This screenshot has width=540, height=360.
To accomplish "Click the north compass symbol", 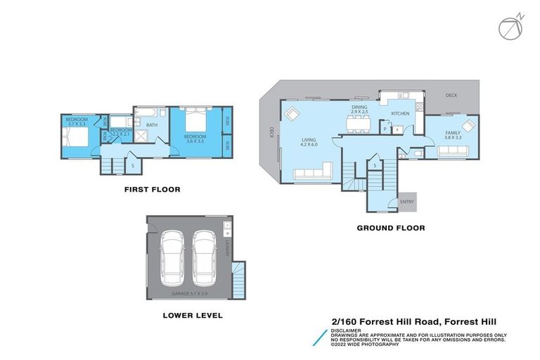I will click(510, 27).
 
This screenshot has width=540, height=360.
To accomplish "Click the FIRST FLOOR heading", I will click(152, 189).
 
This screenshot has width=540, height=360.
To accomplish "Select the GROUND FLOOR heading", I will click(390, 228).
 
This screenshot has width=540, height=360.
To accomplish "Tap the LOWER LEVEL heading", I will click(192, 316).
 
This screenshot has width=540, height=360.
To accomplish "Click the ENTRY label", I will click(407, 202).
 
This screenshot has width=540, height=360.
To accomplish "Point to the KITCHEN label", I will click(400, 113).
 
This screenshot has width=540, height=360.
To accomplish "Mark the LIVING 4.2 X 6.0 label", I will click(309, 143).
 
